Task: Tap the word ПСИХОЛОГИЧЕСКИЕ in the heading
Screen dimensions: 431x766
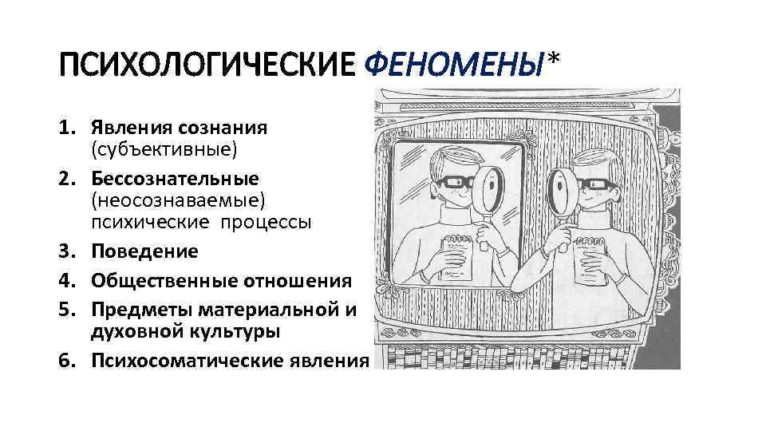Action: click(x=206, y=63)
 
